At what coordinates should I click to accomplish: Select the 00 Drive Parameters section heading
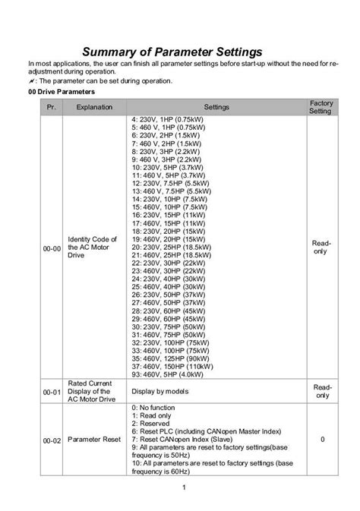point(59,91)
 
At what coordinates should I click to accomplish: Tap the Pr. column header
point(50,107)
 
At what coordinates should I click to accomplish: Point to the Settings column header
point(216,107)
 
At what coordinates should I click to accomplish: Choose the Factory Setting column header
point(321,106)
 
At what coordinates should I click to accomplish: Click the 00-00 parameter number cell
point(50,247)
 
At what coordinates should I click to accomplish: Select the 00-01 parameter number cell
point(50,391)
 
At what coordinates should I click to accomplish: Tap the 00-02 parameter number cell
point(50,440)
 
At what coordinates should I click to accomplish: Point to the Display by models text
point(163,391)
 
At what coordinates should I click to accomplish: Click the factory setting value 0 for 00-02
point(322,440)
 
